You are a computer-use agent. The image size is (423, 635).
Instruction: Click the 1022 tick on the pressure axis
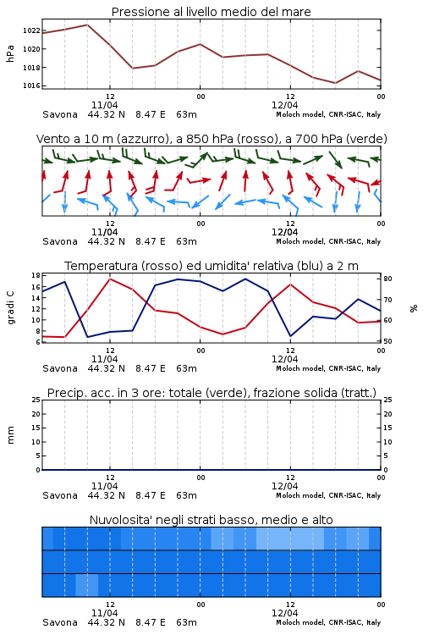click(30, 30)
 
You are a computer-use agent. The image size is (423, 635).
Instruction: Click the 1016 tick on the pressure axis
click(30, 86)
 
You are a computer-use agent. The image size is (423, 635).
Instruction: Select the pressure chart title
click(211, 12)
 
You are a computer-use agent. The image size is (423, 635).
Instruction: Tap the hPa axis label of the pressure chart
click(10, 53)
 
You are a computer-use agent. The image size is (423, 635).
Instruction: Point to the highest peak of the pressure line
click(87, 25)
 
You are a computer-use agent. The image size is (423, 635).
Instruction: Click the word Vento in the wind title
click(52, 139)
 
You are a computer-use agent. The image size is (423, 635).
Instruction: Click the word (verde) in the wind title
click(367, 139)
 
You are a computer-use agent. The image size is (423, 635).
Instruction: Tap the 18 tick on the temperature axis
click(36, 275)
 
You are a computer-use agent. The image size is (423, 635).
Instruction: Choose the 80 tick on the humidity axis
click(387, 279)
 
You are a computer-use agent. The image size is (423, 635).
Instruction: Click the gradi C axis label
click(10, 307)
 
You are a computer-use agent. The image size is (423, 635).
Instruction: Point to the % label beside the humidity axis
click(414, 308)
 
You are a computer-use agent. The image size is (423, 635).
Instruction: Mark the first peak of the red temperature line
click(110, 279)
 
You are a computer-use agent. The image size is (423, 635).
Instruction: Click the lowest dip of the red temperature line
click(65, 337)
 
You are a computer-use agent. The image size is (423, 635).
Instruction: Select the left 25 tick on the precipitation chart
click(36, 400)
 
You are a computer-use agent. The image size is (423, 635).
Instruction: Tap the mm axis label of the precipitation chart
click(10, 435)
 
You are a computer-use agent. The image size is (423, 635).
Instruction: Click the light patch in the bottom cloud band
click(87, 585)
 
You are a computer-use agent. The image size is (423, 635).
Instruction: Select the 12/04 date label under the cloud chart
click(284, 613)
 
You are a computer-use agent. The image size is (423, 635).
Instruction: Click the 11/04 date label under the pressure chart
click(104, 105)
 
